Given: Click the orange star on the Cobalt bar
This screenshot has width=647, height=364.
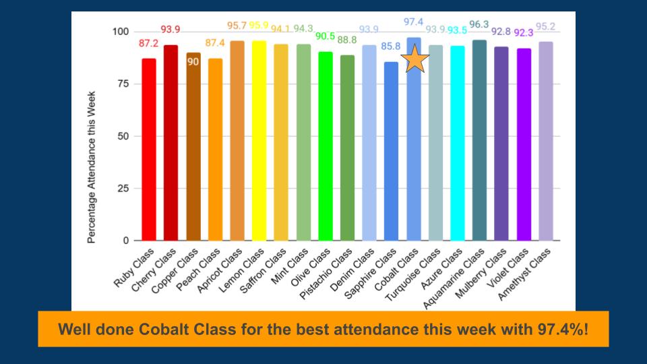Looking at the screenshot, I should pos(415,59).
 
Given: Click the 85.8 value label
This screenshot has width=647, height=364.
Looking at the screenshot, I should pos(391,47).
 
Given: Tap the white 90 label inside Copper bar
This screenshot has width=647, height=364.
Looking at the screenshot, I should pos(193,62).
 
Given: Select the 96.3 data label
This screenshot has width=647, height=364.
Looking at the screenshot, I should pos(479,25).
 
